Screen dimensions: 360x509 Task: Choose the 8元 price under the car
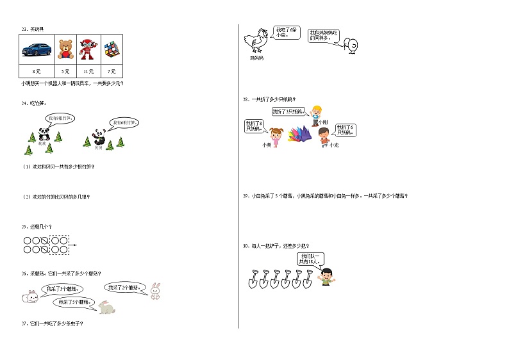tap(37, 71)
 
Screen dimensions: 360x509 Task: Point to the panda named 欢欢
tap(43, 135)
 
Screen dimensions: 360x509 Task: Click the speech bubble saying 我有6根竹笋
tap(123, 122)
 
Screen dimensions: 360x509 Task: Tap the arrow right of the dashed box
tap(73, 244)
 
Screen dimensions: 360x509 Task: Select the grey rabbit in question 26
tap(106, 309)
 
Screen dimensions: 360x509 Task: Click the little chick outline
tap(351, 44)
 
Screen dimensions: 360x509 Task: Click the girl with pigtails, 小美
tap(277, 136)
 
